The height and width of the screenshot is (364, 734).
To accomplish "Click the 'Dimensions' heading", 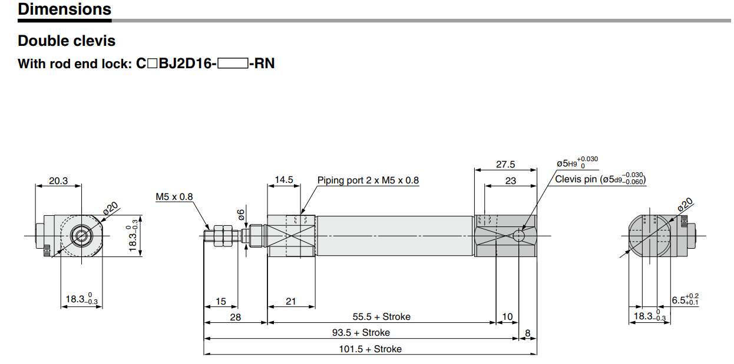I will (64, 9).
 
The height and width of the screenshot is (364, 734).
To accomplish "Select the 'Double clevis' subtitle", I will (67, 41).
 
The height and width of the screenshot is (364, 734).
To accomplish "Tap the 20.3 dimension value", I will (58, 181).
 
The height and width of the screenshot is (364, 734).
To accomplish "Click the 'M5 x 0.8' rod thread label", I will (174, 196).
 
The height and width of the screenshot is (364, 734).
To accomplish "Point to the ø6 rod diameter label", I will (240, 215).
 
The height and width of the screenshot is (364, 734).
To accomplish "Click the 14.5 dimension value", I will (284, 180).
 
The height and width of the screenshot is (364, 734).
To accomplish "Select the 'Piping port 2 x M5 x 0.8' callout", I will (368, 181).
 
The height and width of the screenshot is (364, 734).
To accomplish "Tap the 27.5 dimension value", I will (505, 165).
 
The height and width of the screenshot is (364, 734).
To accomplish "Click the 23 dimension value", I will (510, 181).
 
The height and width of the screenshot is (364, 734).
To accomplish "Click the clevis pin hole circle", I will (518, 236).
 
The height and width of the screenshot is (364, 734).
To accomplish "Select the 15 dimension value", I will (220, 301).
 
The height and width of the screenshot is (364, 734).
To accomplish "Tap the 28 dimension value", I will (235, 317).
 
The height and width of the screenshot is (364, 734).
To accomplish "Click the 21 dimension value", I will (290, 301).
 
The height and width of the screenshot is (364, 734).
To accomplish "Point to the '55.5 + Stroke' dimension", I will (381, 317).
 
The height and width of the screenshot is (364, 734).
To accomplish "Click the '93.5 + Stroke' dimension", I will (361, 333).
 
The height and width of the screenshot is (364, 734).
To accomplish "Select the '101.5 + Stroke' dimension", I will (370, 349).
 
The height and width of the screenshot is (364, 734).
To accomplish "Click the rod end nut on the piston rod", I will (222, 235).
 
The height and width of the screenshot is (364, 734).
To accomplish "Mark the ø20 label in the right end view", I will (684, 205).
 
